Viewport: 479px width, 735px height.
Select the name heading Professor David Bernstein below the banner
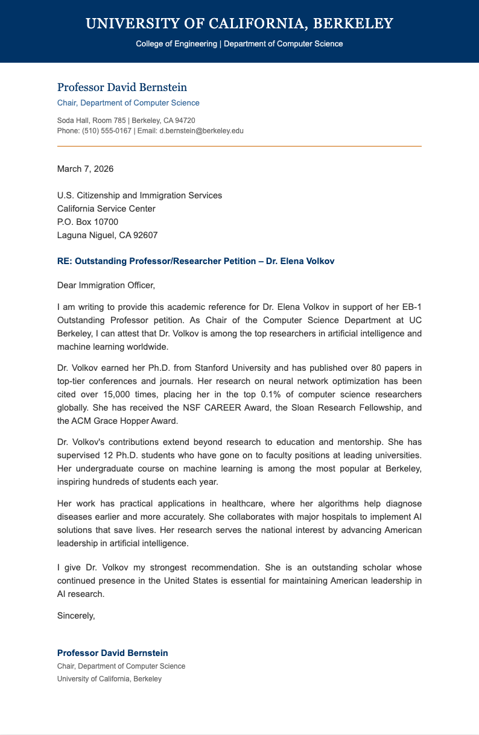coord(122,87)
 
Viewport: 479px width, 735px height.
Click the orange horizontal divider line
coord(239,146)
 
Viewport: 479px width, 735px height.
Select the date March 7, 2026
coord(85,169)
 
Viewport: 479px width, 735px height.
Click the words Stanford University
coord(226,368)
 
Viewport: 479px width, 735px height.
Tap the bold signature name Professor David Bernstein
coord(112,653)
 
